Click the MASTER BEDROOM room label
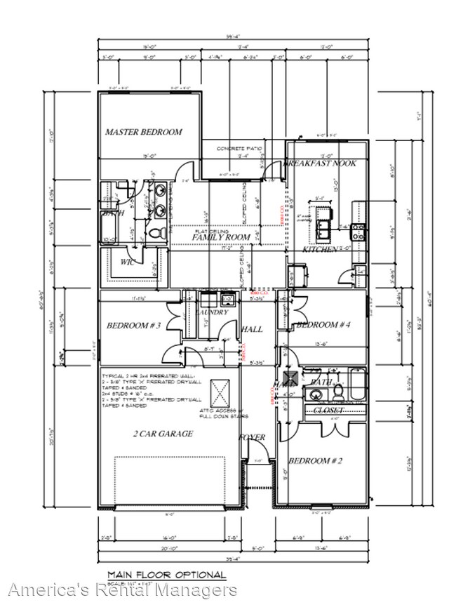coord(143,132)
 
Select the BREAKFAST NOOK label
coord(320,164)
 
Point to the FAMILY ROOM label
coord(222,238)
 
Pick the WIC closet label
coord(127,262)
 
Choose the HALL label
coord(252,329)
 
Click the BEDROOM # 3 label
coord(134,326)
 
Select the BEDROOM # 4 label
coord(323,325)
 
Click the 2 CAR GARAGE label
coord(163,434)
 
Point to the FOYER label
coord(252,437)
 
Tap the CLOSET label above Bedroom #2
coord(328,410)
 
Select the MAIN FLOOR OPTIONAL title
coord(167,575)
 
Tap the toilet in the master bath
coord(158,231)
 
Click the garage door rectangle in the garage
coord(170,481)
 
